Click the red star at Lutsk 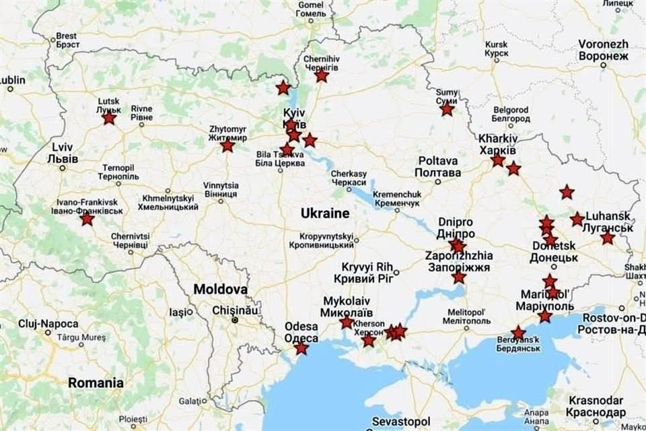coord(109,119)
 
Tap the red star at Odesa coord(301,348)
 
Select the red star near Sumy coord(447,109)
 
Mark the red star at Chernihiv coord(322,75)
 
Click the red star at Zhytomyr coord(227,145)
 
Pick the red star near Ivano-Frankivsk coord(87,219)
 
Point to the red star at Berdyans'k coord(518,333)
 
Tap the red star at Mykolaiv coord(347,323)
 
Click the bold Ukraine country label coord(325,213)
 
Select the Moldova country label coord(220,289)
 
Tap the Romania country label coord(96,383)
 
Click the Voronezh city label coord(603,50)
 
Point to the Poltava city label coord(438,166)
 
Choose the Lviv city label coord(63,153)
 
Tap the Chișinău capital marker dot coord(234,320)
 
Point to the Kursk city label coord(497,49)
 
